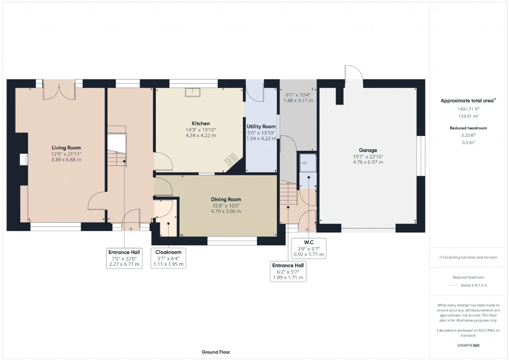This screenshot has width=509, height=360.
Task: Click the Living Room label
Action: coord(66,148)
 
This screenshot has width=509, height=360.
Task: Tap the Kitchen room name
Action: coord(201,123)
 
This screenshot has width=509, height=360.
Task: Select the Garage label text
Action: coord(368,150)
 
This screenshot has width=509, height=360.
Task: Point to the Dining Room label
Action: coord(226,199)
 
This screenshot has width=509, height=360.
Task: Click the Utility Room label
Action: coord(261,126)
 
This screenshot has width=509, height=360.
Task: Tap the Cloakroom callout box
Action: coord(168,258)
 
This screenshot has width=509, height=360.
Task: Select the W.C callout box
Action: coord(309,248)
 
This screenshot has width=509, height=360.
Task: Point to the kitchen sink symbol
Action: coord(192,92)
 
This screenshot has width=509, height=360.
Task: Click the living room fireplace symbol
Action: coord(23,160)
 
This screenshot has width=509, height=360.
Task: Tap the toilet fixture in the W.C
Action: coord(308,163)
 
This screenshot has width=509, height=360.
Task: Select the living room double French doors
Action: coord(59,90)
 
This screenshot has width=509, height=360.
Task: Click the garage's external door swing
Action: coord(354,72)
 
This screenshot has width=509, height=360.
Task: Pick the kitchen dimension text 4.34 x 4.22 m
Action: coord(201,136)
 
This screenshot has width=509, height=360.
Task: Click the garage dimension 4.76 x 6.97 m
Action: coord(368,162)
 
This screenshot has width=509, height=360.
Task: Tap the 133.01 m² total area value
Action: coord(468,116)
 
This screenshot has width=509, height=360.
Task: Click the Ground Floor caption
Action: coord(216,352)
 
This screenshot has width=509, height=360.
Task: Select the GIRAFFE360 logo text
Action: coord(468,345)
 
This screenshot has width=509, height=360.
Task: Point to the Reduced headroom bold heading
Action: coord(468,128)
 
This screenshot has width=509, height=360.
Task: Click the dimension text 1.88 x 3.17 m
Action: coord(298,101)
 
